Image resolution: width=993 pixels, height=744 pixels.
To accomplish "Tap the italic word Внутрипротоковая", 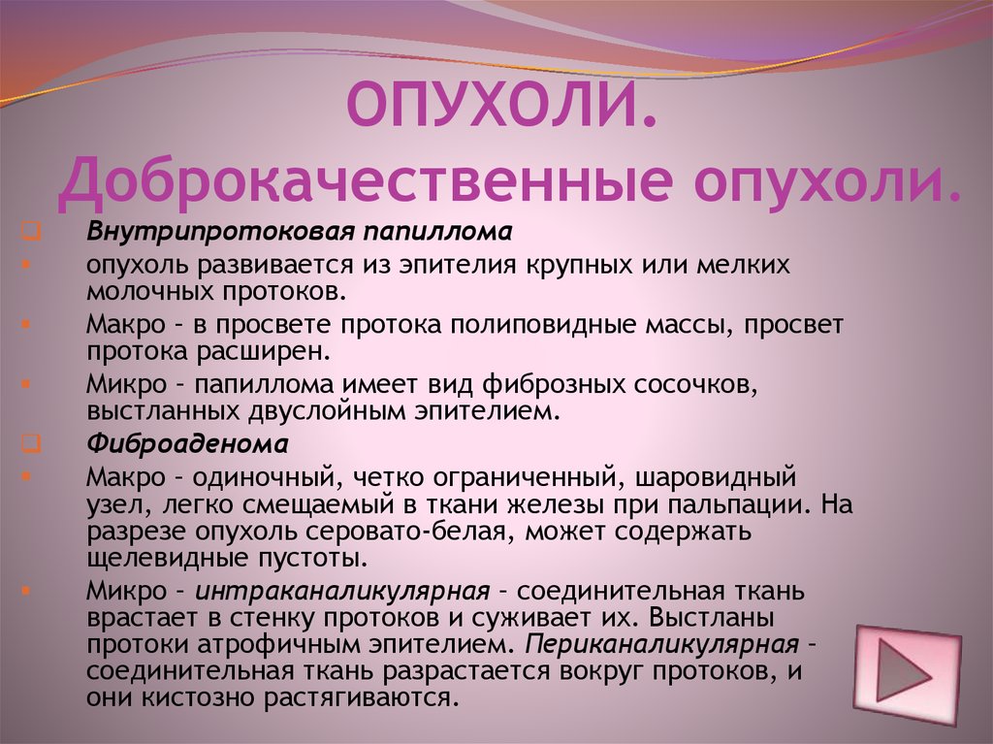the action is point(220,232).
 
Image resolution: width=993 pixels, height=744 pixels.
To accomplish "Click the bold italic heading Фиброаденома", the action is point(187,443).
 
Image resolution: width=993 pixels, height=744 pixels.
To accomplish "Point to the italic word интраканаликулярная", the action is point(342,592).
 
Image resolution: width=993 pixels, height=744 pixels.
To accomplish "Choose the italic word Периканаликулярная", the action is point(661,644).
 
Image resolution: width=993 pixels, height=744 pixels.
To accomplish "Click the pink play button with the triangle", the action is point(907,674).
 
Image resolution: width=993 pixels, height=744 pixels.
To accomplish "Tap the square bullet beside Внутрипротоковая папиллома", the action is point(29,231).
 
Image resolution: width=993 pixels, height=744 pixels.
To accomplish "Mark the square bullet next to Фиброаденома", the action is point(29,443).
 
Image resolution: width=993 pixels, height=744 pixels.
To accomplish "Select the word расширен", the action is point(263,352).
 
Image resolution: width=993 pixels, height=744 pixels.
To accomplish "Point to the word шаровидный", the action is point(716,476).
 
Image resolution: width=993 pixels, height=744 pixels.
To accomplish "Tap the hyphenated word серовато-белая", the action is point(413,532).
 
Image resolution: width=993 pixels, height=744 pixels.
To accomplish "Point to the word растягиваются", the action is point(361,698).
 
